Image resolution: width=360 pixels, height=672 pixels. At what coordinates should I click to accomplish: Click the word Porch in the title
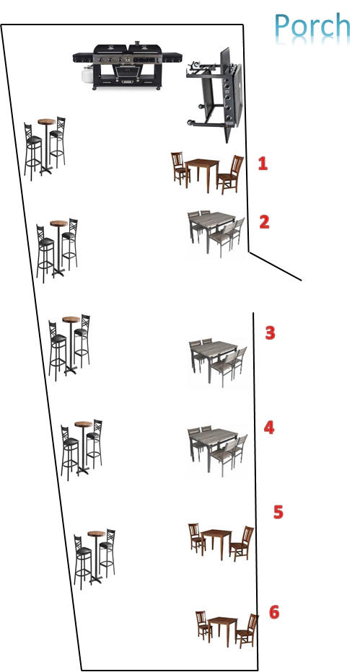pyautogui.click(x=312, y=27)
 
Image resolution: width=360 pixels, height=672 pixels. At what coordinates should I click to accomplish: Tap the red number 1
pyautogui.click(x=263, y=163)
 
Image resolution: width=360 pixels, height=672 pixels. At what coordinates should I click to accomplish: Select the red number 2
pyautogui.click(x=264, y=221)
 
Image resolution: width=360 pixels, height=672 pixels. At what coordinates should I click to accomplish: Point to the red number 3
pyautogui.click(x=270, y=332)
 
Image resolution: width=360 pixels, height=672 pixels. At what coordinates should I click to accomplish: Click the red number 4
pyautogui.click(x=268, y=428)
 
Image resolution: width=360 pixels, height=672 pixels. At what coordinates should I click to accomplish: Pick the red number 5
pyautogui.click(x=278, y=512)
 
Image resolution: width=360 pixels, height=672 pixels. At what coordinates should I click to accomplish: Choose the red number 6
pyautogui.click(x=274, y=612)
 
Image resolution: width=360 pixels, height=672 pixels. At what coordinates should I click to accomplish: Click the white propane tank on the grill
pyautogui.click(x=87, y=76)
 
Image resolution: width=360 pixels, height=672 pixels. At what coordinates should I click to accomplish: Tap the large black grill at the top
pyautogui.click(x=127, y=66)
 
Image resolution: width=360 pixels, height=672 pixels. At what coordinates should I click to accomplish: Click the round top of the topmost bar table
pyautogui.click(x=46, y=122)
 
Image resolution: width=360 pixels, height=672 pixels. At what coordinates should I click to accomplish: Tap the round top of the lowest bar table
pyautogui.click(x=97, y=534)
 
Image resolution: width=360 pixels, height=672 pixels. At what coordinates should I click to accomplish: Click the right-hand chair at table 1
pyautogui.click(x=230, y=174)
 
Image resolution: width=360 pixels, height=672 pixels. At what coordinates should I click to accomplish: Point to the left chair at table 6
pyautogui.click(x=203, y=625)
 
